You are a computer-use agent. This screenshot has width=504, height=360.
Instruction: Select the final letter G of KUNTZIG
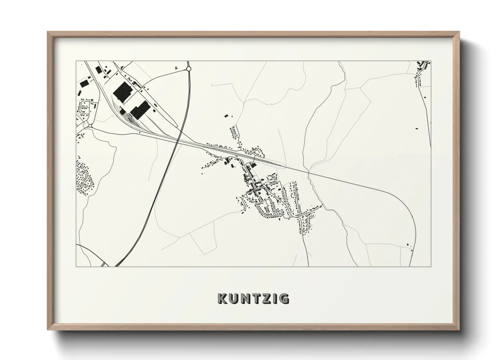(x=284, y=298)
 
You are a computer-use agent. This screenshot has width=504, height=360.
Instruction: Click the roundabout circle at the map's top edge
(x=189, y=69)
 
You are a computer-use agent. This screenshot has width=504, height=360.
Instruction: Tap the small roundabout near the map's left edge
(x=90, y=126)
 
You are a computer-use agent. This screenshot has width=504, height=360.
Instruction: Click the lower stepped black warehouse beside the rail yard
(x=139, y=110)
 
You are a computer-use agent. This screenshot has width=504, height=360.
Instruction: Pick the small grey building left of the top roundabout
(x=176, y=68)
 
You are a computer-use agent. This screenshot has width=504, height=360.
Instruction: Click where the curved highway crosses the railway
(x=178, y=139)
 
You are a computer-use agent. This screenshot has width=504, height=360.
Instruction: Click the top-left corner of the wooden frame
(x=48, y=32)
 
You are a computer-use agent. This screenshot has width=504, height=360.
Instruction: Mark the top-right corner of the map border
(x=431, y=61)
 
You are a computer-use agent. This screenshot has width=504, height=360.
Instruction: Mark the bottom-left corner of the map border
(x=76, y=266)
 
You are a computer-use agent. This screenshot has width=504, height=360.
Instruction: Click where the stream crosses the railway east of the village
(x=309, y=174)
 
